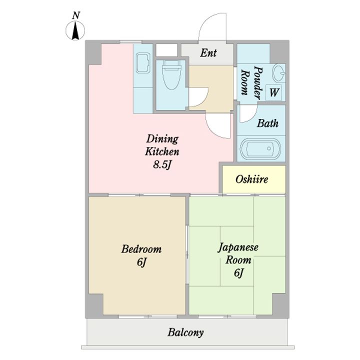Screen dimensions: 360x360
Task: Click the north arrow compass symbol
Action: pos(75,30)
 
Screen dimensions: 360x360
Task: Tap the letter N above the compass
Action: pos(76,15)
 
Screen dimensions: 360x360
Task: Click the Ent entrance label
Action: pos(208,53)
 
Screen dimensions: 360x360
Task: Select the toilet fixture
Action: pos(170,74)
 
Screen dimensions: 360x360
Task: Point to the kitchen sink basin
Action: pos(143,63)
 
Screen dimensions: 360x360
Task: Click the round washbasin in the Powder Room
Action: pos(278,72)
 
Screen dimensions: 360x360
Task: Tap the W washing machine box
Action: pos(273,92)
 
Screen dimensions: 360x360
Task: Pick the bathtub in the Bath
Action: pos(260,148)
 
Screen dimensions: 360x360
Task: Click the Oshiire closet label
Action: pos(251,179)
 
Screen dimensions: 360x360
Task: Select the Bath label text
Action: pos(267,123)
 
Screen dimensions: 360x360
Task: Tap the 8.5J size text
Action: pos(162,164)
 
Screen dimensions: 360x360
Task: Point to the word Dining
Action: pos(162,139)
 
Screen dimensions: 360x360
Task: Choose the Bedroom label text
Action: pos(141,249)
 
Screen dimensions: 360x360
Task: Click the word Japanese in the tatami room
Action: pos(238,247)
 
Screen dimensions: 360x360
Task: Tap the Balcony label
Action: pos(185,332)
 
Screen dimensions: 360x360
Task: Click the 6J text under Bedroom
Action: pos(141,262)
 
